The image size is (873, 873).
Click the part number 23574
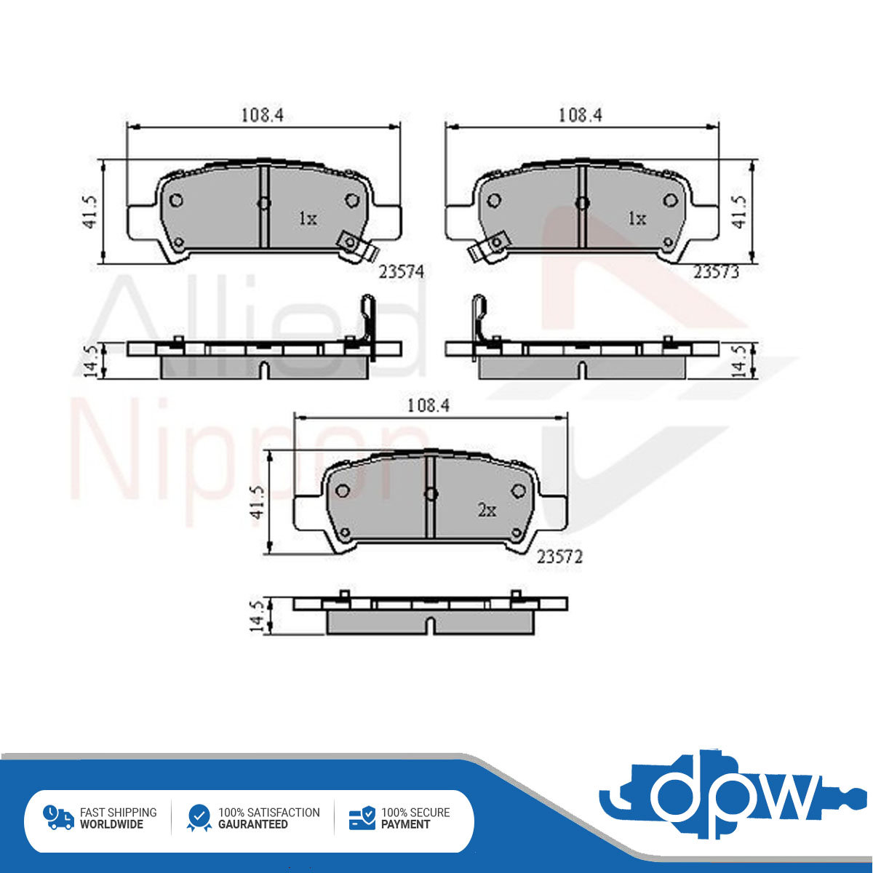402,272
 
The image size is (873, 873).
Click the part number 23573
717,272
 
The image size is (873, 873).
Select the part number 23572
559,557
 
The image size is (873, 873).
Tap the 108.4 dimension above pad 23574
262,116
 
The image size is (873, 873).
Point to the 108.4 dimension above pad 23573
581,116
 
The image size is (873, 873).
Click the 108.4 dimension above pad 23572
428,405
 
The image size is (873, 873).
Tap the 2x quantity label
487,511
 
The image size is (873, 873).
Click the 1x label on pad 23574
308,219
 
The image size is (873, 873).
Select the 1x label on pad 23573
637,219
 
